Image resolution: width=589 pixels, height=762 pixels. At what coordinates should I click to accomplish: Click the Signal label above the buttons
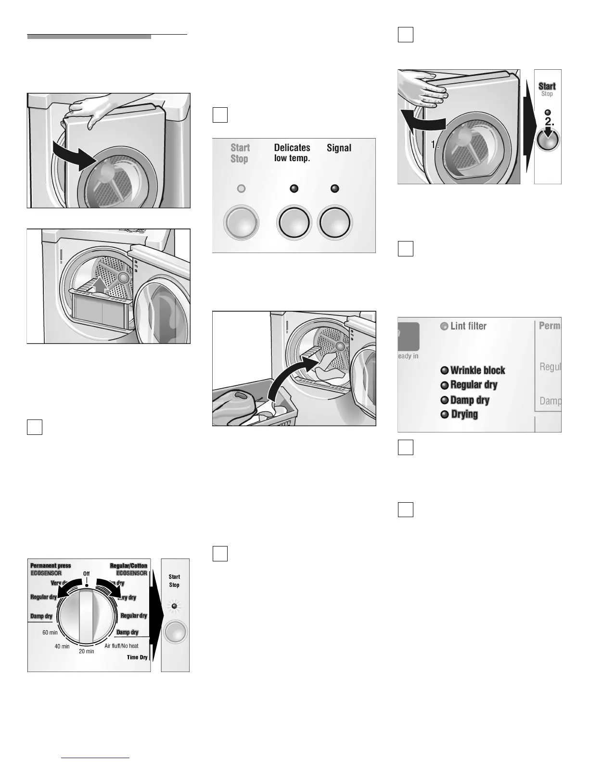tap(339, 148)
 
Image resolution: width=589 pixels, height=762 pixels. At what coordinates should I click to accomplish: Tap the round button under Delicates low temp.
tap(293, 224)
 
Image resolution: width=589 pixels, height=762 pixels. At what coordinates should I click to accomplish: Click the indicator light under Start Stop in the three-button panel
tap(241, 189)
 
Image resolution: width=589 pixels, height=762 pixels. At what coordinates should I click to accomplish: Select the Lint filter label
tap(468, 326)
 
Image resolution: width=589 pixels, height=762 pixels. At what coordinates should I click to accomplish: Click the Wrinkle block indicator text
tap(477, 370)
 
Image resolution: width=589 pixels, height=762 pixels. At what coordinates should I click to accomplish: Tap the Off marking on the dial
tap(87, 574)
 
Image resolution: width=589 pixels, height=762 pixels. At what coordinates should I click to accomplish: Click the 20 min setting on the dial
tap(87, 651)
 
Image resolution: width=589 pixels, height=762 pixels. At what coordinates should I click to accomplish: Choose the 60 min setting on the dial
tap(50, 633)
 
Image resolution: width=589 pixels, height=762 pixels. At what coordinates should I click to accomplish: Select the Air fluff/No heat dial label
tap(121, 646)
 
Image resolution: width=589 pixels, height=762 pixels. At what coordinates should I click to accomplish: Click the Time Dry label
tap(137, 657)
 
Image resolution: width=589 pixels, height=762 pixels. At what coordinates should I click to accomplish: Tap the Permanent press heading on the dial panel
tap(51, 566)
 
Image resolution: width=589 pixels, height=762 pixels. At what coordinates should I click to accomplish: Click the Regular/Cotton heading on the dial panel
tap(128, 566)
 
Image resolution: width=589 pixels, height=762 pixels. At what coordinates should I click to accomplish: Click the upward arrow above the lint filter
tap(100, 283)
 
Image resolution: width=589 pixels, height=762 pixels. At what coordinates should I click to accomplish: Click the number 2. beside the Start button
tap(550, 122)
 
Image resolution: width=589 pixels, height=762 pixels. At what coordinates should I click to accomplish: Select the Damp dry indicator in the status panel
tap(469, 400)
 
